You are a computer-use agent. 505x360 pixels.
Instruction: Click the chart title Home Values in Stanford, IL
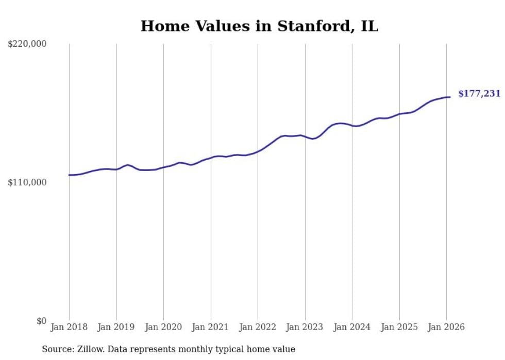pyautogui.click(x=259, y=26)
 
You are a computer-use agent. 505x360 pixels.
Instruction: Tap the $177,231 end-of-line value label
pyautogui.click(x=479, y=94)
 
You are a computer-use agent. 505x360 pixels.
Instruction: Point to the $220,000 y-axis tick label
pyautogui.click(x=27, y=44)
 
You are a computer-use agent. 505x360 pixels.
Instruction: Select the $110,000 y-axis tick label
pyautogui.click(x=27, y=182)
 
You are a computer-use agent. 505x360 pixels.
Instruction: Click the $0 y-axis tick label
pyautogui.click(x=41, y=321)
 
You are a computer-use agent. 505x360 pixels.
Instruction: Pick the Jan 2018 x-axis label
pyautogui.click(x=69, y=327)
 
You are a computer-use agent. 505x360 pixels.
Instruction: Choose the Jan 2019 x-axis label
pyautogui.click(x=116, y=327)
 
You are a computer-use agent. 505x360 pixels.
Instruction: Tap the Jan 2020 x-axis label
pyautogui.click(x=163, y=327)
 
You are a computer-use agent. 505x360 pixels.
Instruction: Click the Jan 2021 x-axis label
pyautogui.click(x=211, y=327)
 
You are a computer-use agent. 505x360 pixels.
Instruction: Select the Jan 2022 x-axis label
pyautogui.click(x=258, y=327)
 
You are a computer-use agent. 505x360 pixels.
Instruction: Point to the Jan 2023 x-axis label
pyautogui.click(x=305, y=327)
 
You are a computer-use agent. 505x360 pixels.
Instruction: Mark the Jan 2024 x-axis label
pyautogui.click(x=352, y=327)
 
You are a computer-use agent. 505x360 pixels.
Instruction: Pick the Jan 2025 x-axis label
pyautogui.click(x=399, y=327)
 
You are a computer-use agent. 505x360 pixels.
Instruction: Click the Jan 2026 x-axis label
pyautogui.click(x=446, y=327)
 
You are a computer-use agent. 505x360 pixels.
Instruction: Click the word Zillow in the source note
pyautogui.click(x=90, y=349)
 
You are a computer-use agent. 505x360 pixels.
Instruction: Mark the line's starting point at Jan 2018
pyautogui.click(x=69, y=175)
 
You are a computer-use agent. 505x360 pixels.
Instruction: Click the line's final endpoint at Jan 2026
pyautogui.click(x=450, y=97)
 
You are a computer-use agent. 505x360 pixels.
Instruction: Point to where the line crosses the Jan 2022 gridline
pyautogui.click(x=258, y=151)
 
